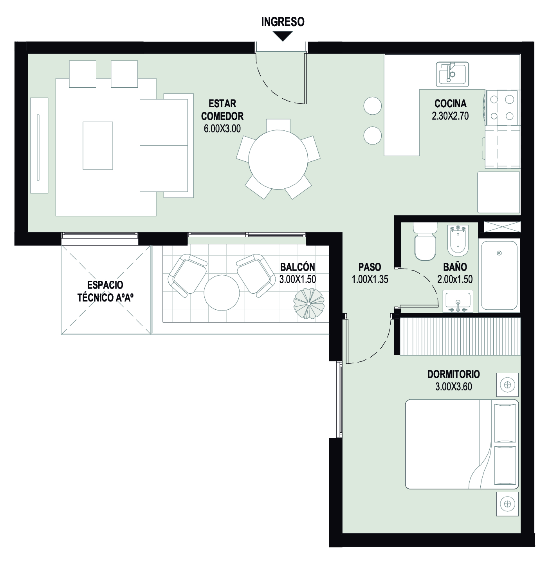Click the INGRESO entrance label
click(283, 22)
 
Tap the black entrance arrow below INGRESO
click(283, 36)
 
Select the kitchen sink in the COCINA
click(452, 74)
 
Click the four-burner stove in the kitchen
click(501, 108)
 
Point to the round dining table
click(278, 159)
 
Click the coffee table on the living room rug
click(98, 146)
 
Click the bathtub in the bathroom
click(499, 276)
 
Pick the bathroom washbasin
click(458, 301)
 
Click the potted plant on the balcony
click(309, 303)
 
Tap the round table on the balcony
click(222, 293)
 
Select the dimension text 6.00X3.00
click(222, 128)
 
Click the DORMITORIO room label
click(453, 374)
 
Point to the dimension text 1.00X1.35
click(370, 279)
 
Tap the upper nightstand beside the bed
click(507, 385)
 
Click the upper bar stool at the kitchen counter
click(372, 106)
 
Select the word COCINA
click(450, 103)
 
